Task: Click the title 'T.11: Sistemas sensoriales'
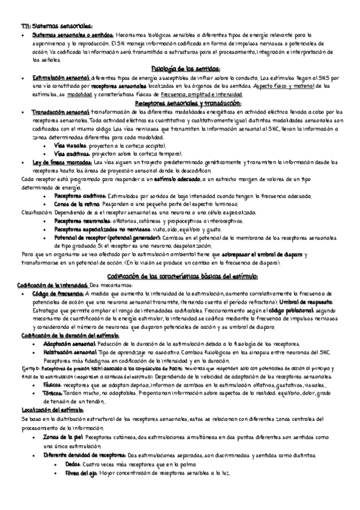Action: pyautogui.click(x=53, y=26)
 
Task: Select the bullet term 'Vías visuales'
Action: pyautogui.click(x=70, y=146)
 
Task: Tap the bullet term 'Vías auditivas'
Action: pyautogui.click(x=72, y=154)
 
